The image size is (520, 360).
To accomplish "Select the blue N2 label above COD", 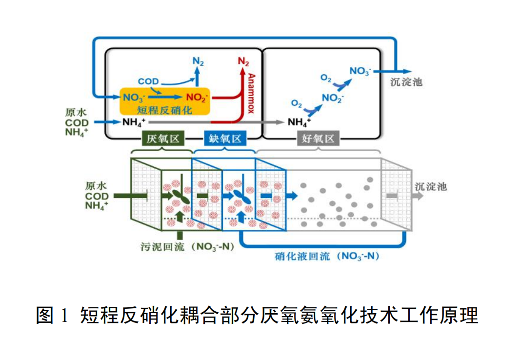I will coord(198,61).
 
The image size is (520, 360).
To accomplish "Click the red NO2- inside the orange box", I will coord(197,97).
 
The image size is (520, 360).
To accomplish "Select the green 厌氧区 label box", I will coord(163,139).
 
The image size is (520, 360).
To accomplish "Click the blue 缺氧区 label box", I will coord(225,139).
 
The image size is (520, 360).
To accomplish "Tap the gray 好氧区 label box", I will coord(318,139).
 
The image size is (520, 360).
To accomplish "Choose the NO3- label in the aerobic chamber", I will coord(360,71).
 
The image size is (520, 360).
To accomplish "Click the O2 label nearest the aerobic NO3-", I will coord(326,78).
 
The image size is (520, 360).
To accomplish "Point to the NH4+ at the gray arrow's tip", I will coord(299,122).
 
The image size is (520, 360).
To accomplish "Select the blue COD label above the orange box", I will coord(148,81).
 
